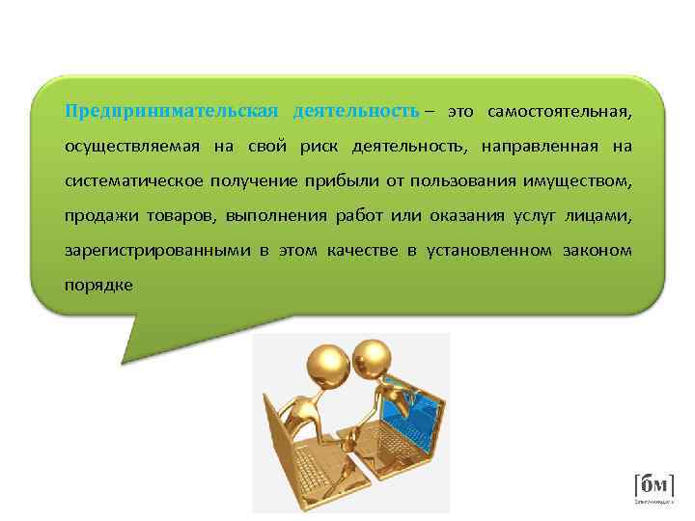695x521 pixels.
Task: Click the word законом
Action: pyautogui.click(x=597, y=250)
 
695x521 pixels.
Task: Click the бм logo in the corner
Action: pyautogui.click(x=653, y=485)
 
